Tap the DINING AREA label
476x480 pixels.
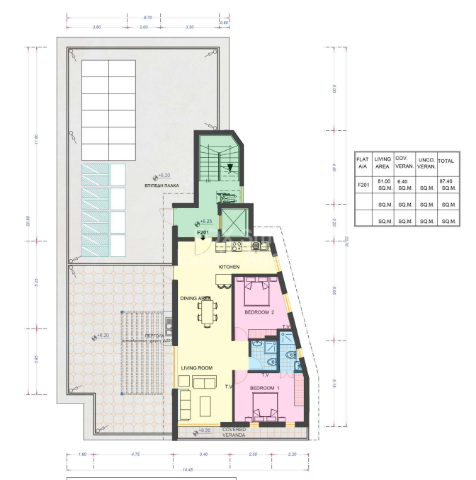[x=196, y=299]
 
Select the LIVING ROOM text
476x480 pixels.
[x=197, y=368]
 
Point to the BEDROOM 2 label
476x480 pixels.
[x=261, y=312]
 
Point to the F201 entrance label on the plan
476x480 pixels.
[x=203, y=232]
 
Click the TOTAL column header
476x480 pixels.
[x=446, y=161]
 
